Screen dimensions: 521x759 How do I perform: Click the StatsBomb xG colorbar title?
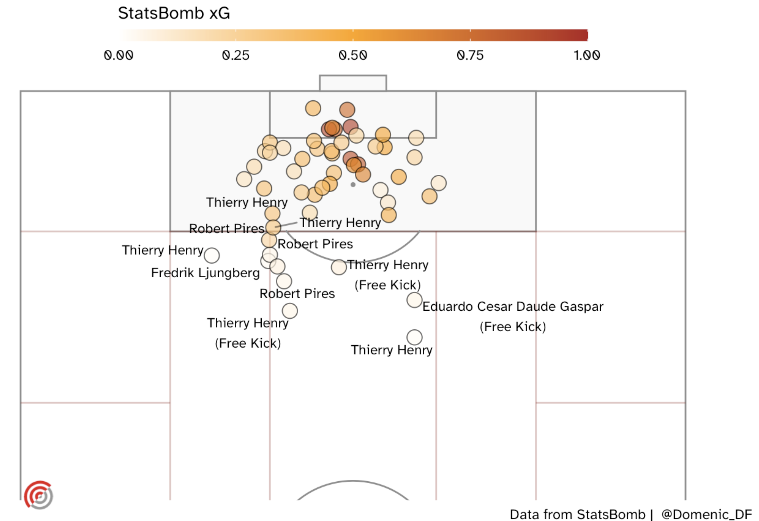tap(174, 13)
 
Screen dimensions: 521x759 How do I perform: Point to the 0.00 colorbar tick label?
tap(118, 55)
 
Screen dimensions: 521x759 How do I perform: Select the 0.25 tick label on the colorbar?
tap(235, 55)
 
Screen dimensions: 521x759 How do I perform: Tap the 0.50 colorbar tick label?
tap(353, 55)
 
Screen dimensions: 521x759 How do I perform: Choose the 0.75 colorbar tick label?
tap(470, 55)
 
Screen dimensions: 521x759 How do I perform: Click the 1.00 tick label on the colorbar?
tap(587, 55)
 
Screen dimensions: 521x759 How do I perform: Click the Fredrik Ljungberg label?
tap(205, 273)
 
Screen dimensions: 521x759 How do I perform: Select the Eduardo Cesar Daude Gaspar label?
tap(513, 306)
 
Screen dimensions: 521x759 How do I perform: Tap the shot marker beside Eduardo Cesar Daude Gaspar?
tap(414, 300)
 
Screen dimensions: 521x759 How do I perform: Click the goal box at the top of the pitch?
tap(353, 83)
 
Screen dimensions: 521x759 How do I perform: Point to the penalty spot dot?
tap(353, 185)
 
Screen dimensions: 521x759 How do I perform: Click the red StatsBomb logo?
tap(38, 495)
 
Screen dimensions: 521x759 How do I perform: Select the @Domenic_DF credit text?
tap(706, 514)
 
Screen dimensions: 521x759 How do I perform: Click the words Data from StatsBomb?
tap(577, 514)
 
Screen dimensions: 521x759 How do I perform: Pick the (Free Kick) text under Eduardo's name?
tap(513, 327)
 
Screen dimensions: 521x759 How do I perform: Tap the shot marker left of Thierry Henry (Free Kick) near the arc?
tap(339, 267)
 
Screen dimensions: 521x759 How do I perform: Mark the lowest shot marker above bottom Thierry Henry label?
tap(414, 337)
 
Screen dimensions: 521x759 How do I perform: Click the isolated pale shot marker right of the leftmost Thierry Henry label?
tap(212, 255)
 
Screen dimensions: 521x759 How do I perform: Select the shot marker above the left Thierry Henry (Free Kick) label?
tap(290, 311)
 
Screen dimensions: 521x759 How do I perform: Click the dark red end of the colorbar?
tap(581, 35)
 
